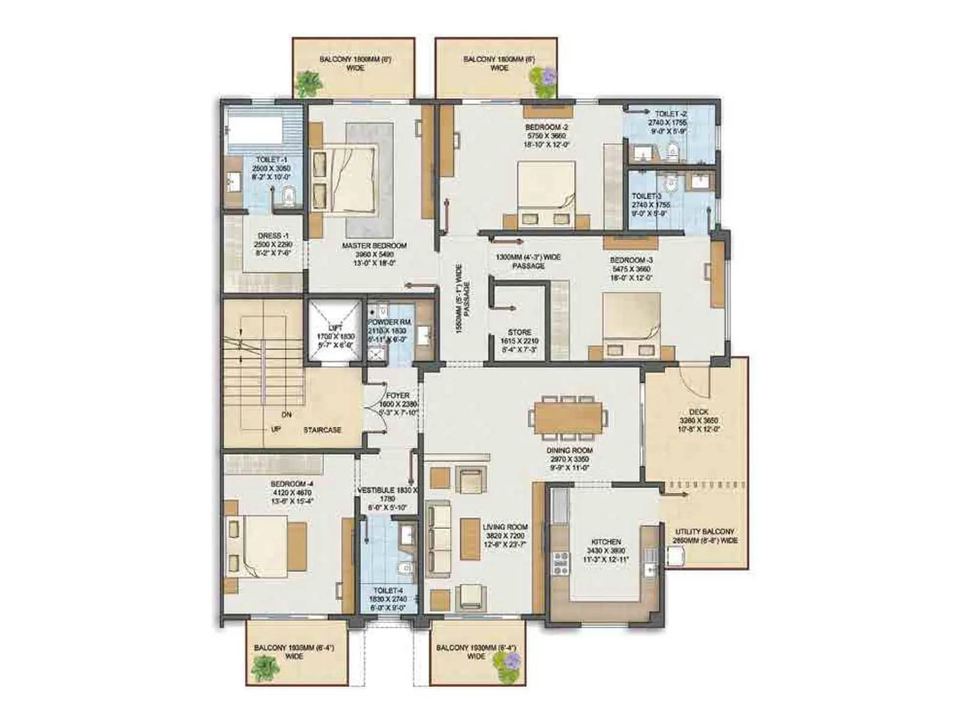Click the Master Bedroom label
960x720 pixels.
click(374, 246)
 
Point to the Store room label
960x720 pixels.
click(520, 332)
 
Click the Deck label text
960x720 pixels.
click(698, 412)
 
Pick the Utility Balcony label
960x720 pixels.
click(704, 532)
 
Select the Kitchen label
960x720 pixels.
click(606, 542)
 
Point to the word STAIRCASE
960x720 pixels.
click(322, 430)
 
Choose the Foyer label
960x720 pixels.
click(397, 396)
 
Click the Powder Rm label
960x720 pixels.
click(389, 323)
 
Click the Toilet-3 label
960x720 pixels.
click(647, 196)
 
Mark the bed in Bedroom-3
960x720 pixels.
click(631, 325)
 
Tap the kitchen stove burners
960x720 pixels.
click(560, 564)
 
